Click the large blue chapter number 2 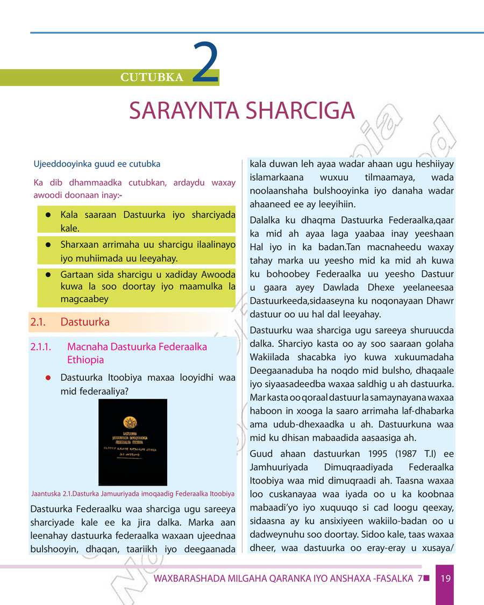pyautogui.click(x=205, y=64)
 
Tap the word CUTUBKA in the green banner pyautogui.click(x=152, y=77)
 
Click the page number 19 pyautogui.click(x=445, y=579)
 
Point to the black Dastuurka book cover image pyautogui.click(x=133, y=442)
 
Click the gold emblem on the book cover pyautogui.click(x=129, y=421)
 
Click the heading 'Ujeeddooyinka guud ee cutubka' pyautogui.click(x=97, y=163)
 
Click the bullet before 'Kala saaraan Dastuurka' pyautogui.click(x=48, y=215)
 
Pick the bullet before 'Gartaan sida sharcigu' pyautogui.click(x=48, y=274)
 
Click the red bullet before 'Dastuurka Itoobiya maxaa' pyautogui.click(x=48, y=378)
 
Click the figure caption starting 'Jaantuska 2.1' pyautogui.click(x=133, y=494)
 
